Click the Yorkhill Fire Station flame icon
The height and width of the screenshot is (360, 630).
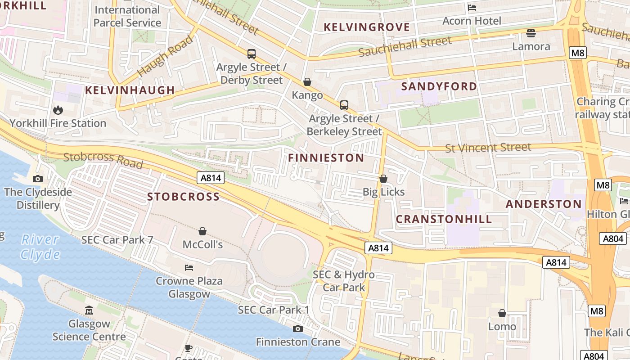[x=58, y=110]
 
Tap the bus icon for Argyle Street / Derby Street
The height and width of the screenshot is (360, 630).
[x=252, y=54]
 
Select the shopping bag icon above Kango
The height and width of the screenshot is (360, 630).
[x=307, y=82]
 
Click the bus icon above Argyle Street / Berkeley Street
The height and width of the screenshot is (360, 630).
[x=344, y=105]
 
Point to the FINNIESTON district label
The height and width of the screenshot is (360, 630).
[x=326, y=158]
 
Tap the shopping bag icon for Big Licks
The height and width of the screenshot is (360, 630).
[x=383, y=179]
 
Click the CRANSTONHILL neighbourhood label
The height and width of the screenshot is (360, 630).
[x=444, y=220]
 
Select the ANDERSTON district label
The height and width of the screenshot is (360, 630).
[x=544, y=204]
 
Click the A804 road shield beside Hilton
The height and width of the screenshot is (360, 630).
[x=613, y=238]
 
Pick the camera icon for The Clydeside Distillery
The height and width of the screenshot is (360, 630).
[x=38, y=179]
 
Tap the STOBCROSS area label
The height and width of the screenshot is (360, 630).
[x=184, y=197]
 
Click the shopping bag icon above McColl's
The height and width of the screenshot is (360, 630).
[x=202, y=231]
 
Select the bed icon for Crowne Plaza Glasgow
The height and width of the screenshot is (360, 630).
[x=189, y=268]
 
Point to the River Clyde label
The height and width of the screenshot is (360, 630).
[x=40, y=247]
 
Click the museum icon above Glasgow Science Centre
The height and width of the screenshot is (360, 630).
[x=89, y=310]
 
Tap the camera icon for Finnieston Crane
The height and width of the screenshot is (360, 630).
[x=298, y=328]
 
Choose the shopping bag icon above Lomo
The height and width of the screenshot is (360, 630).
[x=502, y=313]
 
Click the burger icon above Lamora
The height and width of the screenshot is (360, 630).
[x=531, y=33]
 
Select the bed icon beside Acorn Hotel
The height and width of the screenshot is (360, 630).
[x=472, y=8]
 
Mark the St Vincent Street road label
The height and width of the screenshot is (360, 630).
[x=488, y=148]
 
